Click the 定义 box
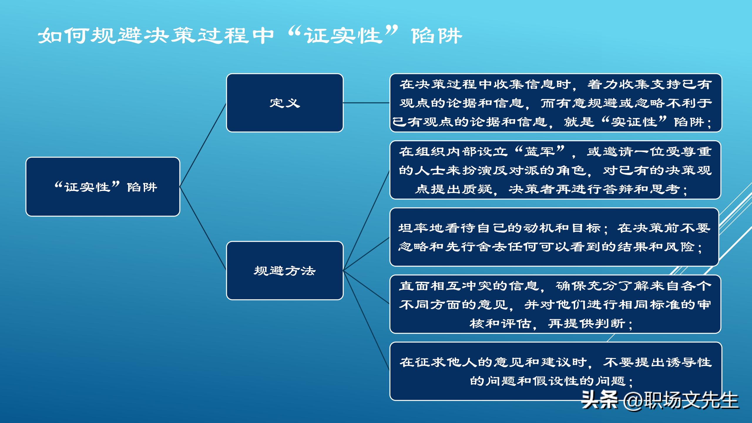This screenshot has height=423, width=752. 285,103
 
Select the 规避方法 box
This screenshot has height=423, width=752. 285,271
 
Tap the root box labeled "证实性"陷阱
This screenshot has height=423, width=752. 103,187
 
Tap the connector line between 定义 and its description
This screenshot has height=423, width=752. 366,103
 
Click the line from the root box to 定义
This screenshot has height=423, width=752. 203,145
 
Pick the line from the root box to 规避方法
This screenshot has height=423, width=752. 203,229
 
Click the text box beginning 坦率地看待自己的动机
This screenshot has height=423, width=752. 554,237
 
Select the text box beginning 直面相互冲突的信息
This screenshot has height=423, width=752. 555,304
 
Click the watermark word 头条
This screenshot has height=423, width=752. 600,400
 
